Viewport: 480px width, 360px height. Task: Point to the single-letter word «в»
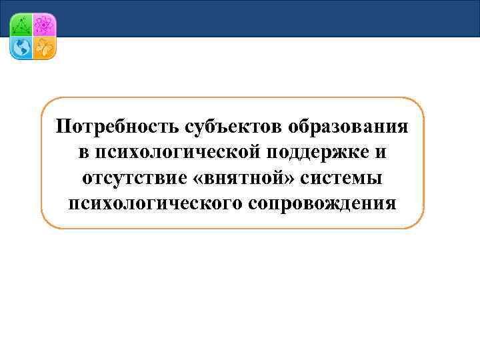point(83,153)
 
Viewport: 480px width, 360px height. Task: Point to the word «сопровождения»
point(322,203)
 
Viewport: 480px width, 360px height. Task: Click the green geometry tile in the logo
point(21,25)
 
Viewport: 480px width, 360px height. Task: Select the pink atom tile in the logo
point(44,25)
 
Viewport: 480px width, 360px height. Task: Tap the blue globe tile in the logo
point(21,48)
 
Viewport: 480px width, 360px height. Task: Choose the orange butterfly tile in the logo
point(44,48)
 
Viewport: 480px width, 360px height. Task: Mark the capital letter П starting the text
point(63,127)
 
